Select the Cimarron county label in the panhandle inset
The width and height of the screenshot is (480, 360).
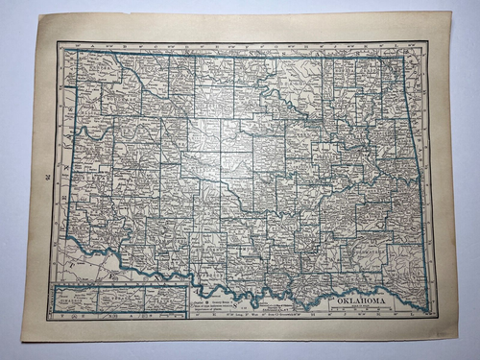coord(77,300)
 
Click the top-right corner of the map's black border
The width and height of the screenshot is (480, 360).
coord(428,44)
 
